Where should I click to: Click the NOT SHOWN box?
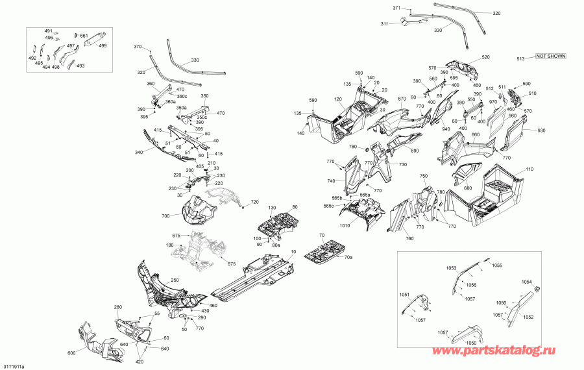(550, 56)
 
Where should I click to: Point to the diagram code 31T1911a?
(13, 366)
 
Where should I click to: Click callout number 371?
(397, 8)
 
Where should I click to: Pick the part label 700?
(165, 215)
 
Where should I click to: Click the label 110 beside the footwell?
(529, 169)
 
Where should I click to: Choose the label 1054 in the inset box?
(526, 282)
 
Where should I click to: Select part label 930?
(542, 130)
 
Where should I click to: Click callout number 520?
(486, 58)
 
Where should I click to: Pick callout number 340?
(138, 153)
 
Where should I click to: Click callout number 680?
(468, 189)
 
